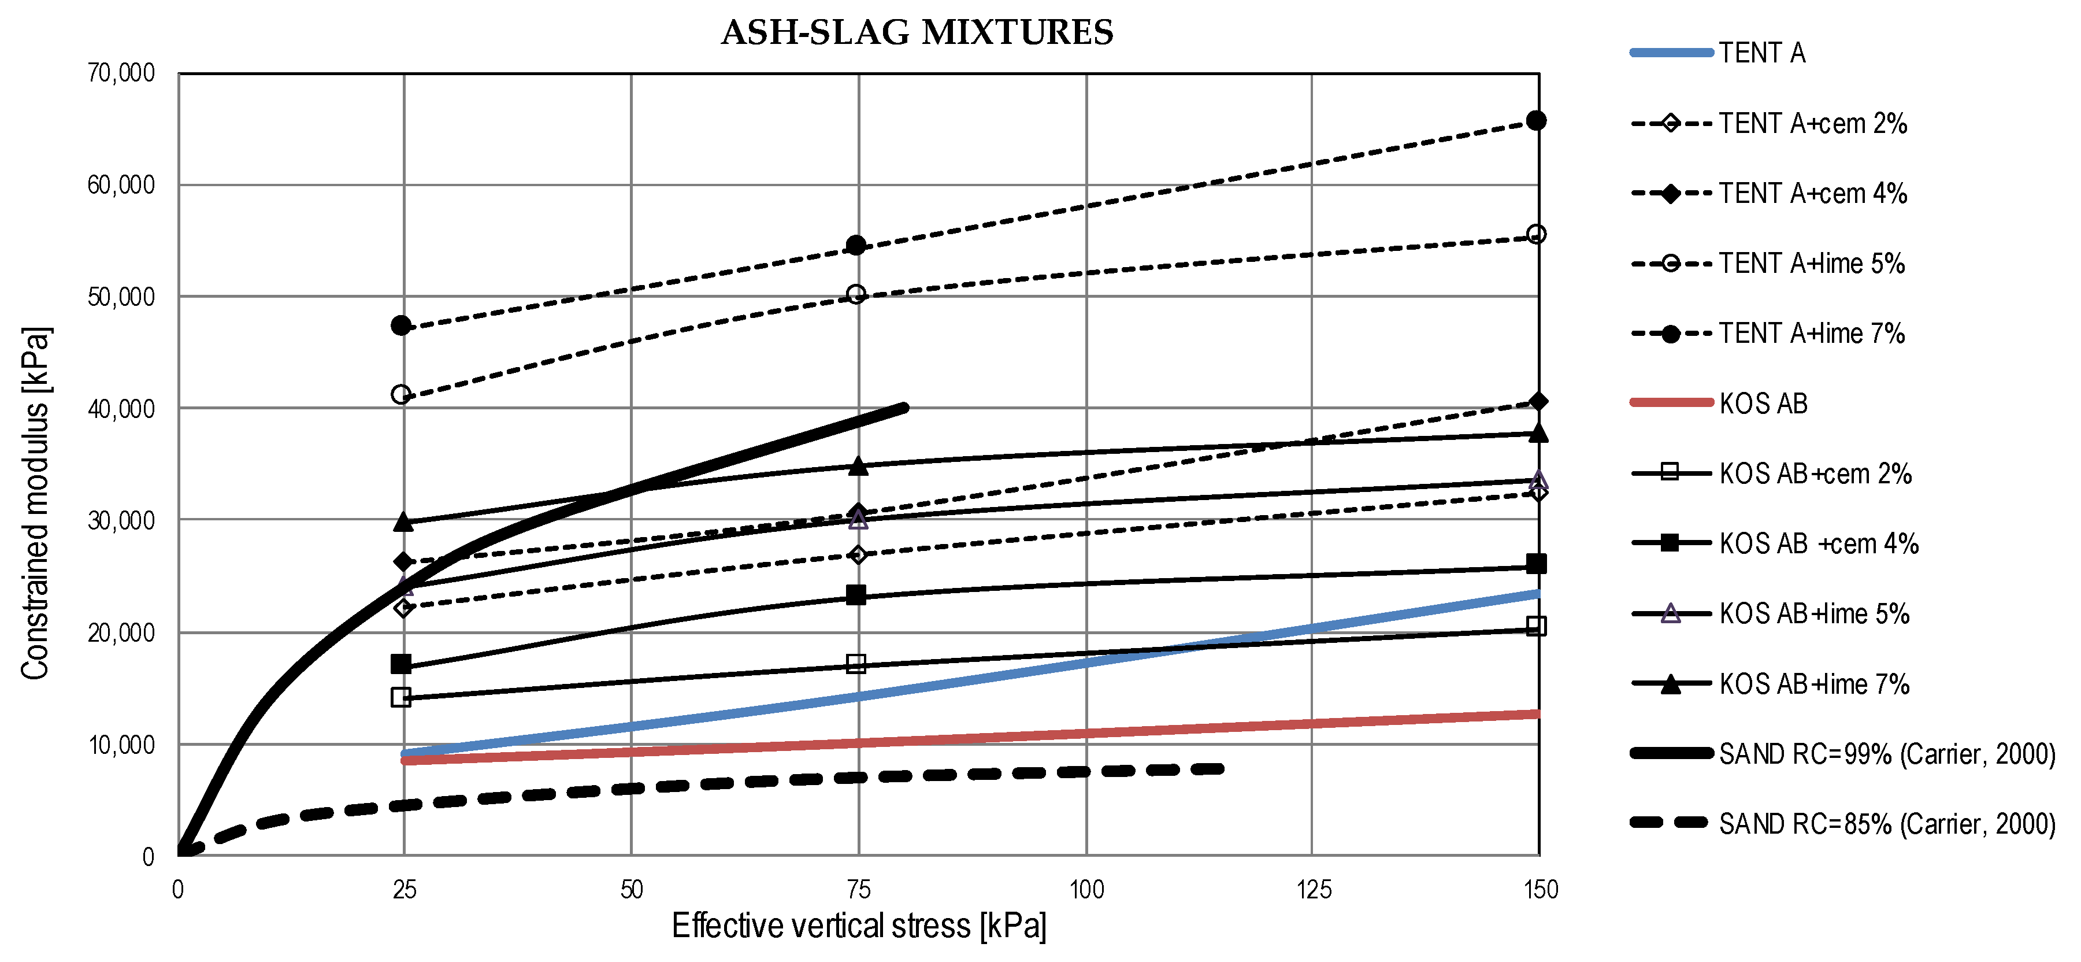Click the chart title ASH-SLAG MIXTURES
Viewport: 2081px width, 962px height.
click(x=917, y=33)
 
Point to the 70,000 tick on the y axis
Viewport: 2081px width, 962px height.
click(x=121, y=73)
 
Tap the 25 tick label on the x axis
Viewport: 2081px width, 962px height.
click(x=404, y=890)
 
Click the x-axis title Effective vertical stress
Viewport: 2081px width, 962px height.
click(x=858, y=926)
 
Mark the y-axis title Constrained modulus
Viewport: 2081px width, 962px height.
click(x=36, y=503)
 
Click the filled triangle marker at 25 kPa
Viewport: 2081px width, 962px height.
click(x=403, y=522)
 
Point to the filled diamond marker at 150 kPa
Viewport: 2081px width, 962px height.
click(x=1538, y=402)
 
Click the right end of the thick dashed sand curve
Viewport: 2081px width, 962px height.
click(x=1222, y=769)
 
